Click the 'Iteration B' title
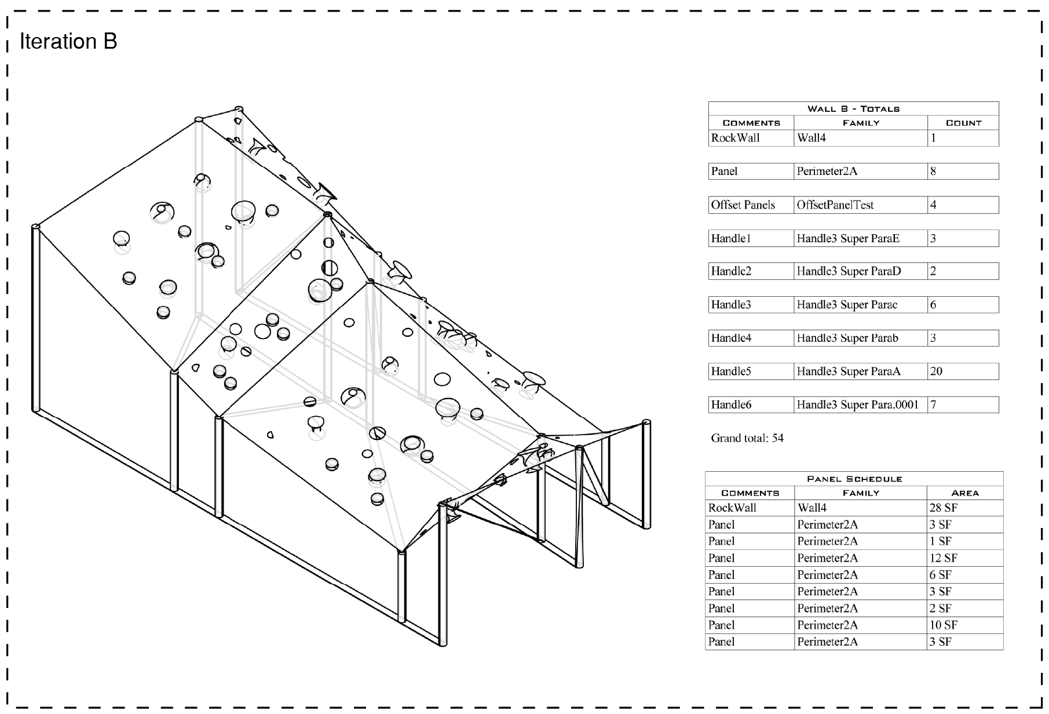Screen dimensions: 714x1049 click(x=68, y=41)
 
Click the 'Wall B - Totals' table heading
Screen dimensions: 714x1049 click(x=853, y=109)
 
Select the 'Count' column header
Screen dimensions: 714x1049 click(x=963, y=123)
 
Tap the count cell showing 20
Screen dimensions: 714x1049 click(x=936, y=371)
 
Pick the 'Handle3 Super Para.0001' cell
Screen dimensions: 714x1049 click(x=857, y=405)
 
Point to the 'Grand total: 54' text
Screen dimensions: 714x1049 click(x=747, y=438)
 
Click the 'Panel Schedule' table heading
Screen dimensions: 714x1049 click(x=854, y=479)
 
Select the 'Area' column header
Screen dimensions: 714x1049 click(x=964, y=493)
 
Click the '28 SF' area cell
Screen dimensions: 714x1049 click(x=943, y=508)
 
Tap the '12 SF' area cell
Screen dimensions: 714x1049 click(x=943, y=558)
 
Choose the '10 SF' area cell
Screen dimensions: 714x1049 click(x=943, y=625)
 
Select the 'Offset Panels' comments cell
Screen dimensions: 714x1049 click(x=743, y=205)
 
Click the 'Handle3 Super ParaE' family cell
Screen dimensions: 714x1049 click(x=847, y=238)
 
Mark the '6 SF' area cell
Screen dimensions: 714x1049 click(x=941, y=575)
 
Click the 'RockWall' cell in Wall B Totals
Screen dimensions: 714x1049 click(x=735, y=138)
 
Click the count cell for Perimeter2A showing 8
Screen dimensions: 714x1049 click(x=933, y=172)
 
